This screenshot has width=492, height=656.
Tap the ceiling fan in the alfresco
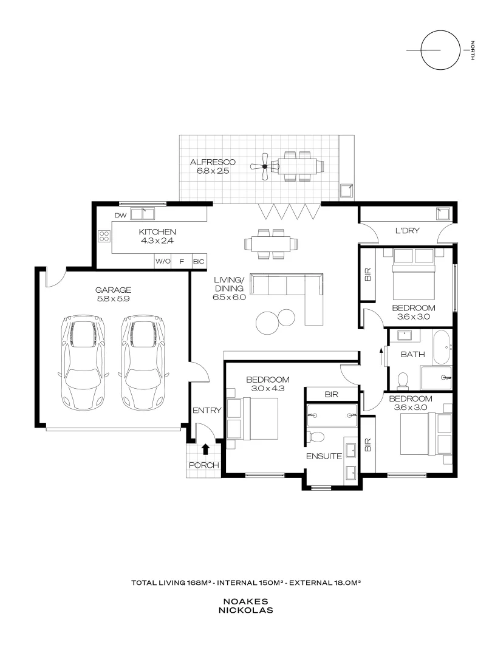264,166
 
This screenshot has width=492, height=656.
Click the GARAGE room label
113,290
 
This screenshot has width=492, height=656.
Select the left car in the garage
83,362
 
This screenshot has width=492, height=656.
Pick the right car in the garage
143,362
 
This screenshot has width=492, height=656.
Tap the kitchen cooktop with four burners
104,236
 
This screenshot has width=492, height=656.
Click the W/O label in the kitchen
162,261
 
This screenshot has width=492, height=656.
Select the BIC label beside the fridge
199,261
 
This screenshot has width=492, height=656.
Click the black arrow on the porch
205,449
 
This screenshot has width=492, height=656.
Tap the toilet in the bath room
401,381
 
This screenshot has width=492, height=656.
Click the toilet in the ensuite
316,437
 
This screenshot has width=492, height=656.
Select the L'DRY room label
408,231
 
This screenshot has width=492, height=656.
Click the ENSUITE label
323,456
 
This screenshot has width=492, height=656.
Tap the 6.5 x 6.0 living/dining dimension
229,298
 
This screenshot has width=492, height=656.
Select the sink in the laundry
442,213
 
